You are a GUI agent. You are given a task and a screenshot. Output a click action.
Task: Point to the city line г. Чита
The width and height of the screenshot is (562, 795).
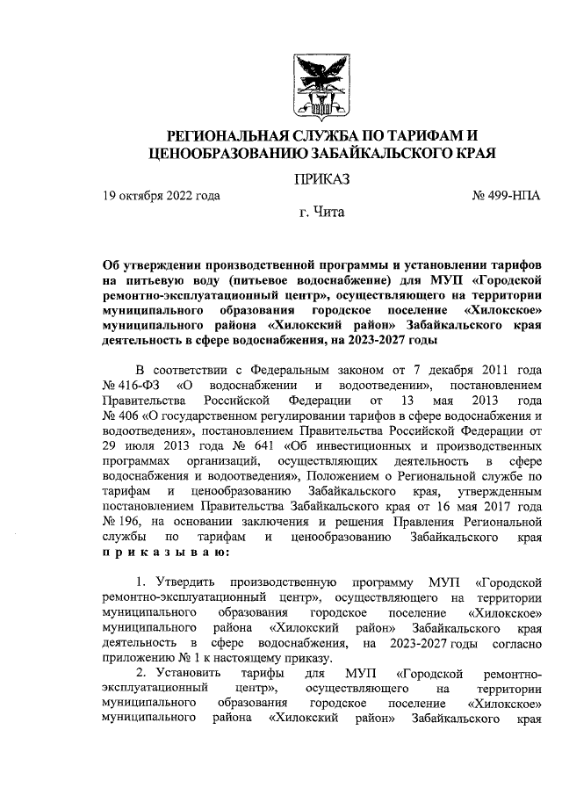[x=322, y=212]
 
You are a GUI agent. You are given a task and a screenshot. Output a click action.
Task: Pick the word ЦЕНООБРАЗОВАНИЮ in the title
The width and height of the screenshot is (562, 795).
[x=230, y=153]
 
